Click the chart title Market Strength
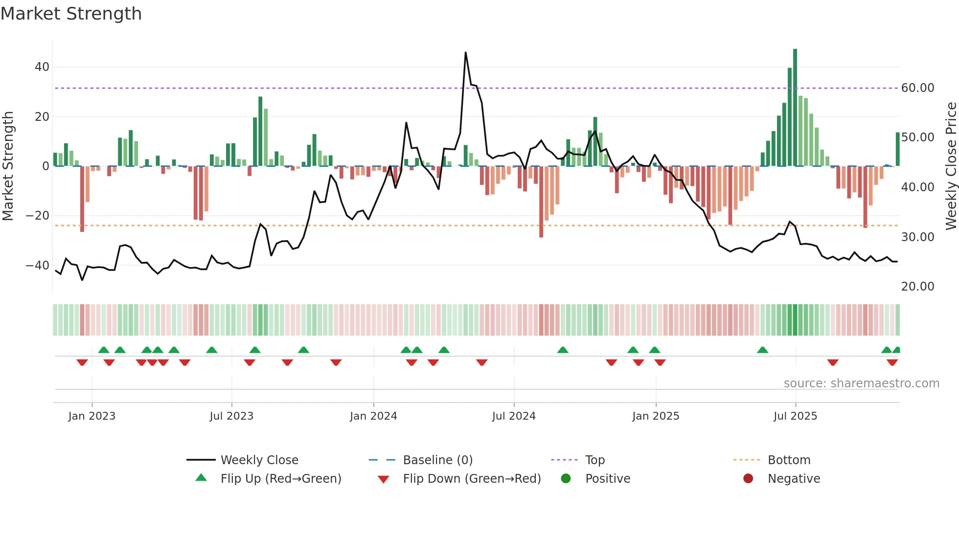click(x=71, y=14)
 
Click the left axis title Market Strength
click(x=8, y=166)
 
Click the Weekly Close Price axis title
click(x=951, y=166)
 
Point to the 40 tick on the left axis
click(x=42, y=67)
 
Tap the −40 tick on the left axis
click(x=38, y=266)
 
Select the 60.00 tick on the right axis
click(x=917, y=88)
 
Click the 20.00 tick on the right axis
click(x=917, y=287)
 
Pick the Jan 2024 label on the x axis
click(x=373, y=416)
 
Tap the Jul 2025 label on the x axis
click(x=795, y=416)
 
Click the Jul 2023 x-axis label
click(x=231, y=416)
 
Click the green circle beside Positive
click(x=566, y=479)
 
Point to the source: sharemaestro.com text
click(x=861, y=383)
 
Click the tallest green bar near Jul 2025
click(x=795, y=108)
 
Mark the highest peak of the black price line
click(x=465, y=52)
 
